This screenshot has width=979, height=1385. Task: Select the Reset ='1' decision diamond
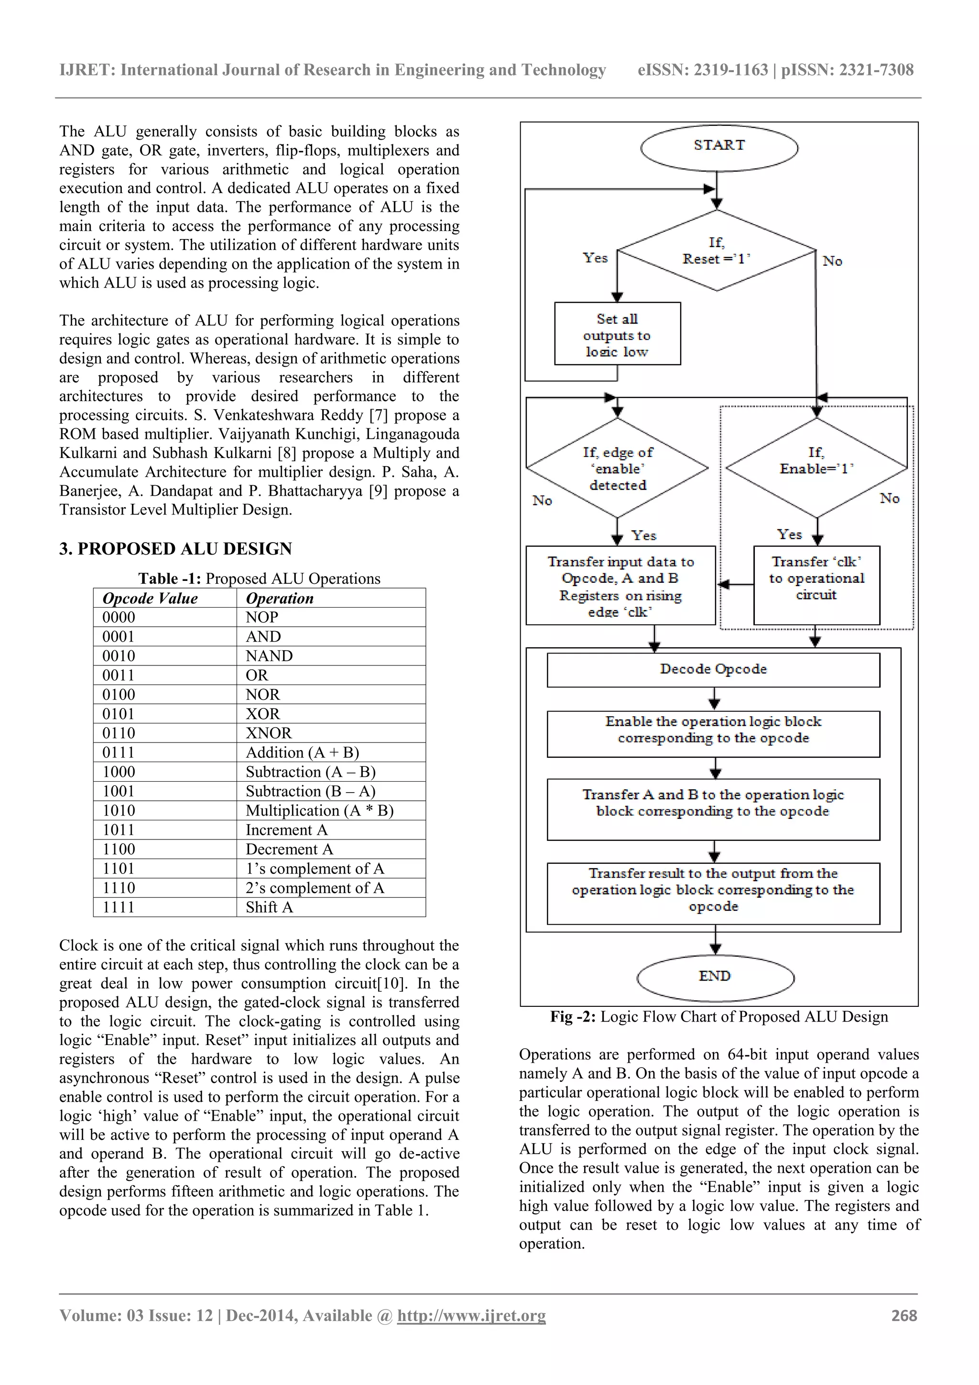pyautogui.click(x=717, y=251)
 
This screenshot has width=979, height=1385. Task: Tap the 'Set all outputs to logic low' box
pyautogui.click(x=617, y=334)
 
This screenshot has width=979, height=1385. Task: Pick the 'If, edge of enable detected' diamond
pyautogui.click(x=617, y=468)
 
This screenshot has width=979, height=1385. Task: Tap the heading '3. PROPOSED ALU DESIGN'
pyautogui.click(x=175, y=548)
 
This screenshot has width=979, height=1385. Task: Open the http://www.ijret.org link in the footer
pyautogui.click(x=471, y=1316)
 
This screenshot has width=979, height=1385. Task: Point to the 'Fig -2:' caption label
pyautogui.click(x=573, y=1016)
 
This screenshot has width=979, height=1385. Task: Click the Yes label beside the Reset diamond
pyautogui.click(x=595, y=258)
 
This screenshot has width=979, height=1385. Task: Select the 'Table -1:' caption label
pyautogui.click(x=170, y=578)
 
